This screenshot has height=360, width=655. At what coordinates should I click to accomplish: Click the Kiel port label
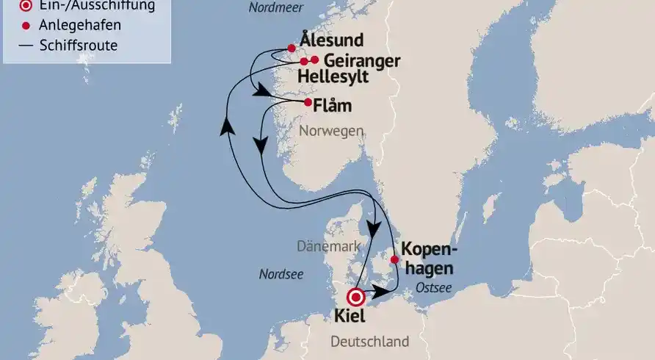click(351, 317)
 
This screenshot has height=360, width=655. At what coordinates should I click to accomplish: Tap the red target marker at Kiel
click(357, 298)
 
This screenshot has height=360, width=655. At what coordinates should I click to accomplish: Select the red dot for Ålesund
click(292, 48)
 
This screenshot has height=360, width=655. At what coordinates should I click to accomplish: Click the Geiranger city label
click(361, 60)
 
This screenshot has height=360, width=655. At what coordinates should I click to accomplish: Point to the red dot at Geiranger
click(315, 60)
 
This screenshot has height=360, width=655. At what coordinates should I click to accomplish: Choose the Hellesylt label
click(334, 78)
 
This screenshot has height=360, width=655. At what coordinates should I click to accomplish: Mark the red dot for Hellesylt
click(303, 62)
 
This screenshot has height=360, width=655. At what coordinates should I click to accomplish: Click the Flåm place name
click(333, 106)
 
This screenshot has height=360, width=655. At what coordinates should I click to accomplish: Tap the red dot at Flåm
click(308, 102)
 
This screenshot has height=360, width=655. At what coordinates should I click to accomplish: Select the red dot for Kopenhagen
click(394, 259)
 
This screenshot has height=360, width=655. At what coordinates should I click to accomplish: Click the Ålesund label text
click(332, 40)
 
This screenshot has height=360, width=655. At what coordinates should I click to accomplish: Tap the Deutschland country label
click(369, 342)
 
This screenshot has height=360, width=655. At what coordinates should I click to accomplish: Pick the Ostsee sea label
click(433, 287)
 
